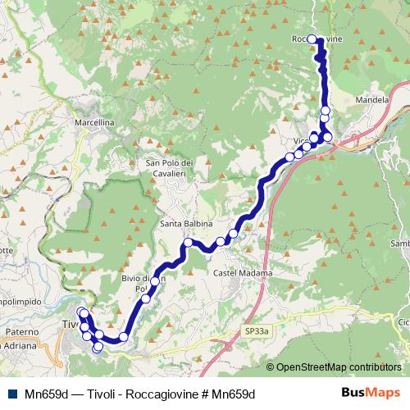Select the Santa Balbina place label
pos(186,224)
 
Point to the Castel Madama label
pos(236,272)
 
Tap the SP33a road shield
pos(256,330)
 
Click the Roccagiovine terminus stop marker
pos(312,39)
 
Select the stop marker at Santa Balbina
pos(188,243)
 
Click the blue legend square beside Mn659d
pos(14,394)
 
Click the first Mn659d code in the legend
pos(45,394)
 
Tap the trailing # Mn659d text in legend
pos(230,394)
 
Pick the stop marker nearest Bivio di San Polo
pos(155,281)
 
